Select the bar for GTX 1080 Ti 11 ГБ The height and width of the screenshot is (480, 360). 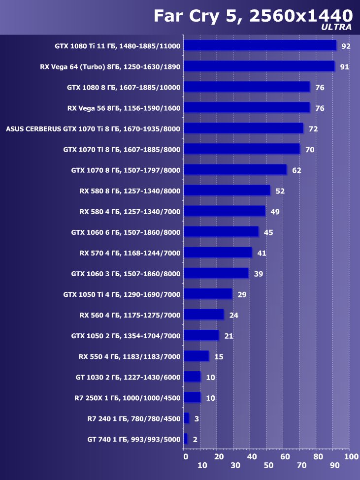click(260, 46)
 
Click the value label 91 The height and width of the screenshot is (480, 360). click(344, 67)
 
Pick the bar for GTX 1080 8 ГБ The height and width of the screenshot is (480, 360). click(247, 87)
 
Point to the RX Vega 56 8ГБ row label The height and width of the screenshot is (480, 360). click(124, 108)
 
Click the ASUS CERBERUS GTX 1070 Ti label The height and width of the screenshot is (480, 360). click(93, 129)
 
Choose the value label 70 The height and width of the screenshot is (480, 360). click(310, 150)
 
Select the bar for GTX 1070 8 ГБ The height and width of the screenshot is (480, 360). click(235, 170)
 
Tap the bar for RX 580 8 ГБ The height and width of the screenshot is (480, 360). click(227, 191)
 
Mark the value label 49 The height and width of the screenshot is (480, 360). click(275, 212)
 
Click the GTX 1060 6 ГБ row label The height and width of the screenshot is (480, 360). click(126, 232)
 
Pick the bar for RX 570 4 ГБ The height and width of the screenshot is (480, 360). click(218, 253)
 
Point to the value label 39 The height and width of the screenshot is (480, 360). click(259, 274)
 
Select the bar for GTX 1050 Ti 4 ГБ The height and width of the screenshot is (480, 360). click(208, 294)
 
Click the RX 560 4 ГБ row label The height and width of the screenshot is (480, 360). click(130, 315)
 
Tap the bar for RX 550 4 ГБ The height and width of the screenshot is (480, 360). click(196, 356)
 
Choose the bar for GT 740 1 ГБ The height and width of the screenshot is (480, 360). click(186, 439)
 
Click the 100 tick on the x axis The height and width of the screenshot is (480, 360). click(351, 457)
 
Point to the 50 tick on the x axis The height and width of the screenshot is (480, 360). click(268, 465)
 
